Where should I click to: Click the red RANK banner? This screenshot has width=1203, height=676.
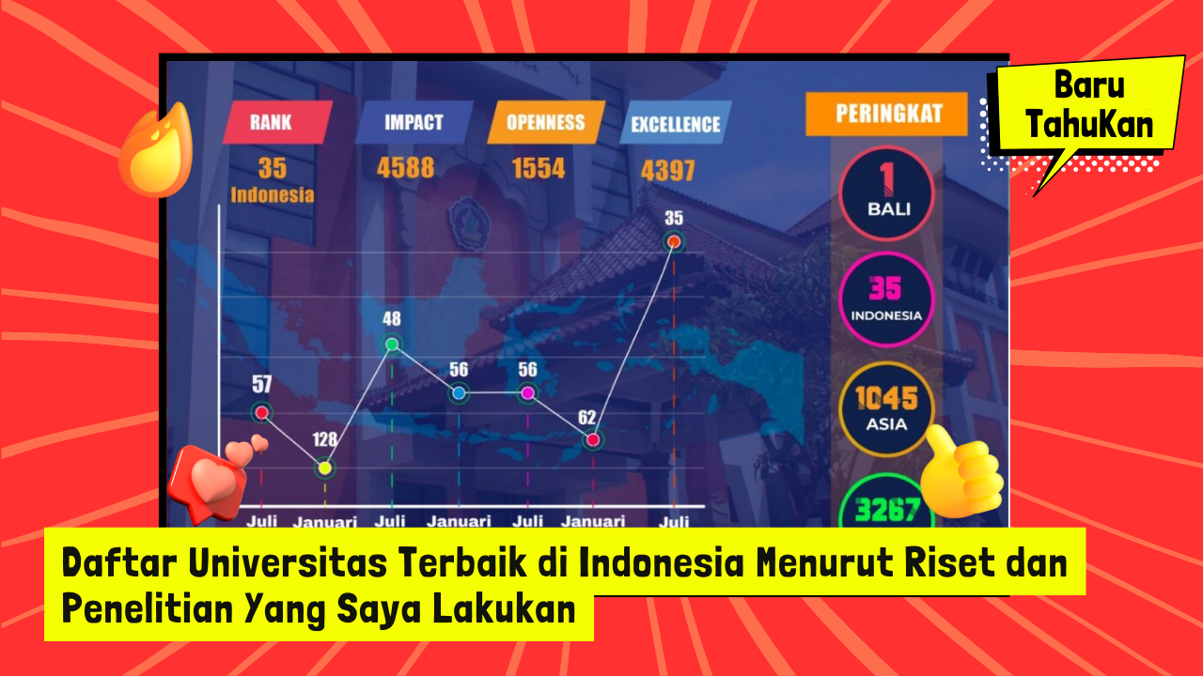(277, 122)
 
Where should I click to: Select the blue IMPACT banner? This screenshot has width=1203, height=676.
(414, 122)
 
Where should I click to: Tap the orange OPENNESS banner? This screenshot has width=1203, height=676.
(546, 122)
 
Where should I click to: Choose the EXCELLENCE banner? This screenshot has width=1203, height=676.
(676, 123)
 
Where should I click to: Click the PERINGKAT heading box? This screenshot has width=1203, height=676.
(886, 114)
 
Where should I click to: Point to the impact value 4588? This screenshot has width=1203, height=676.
(405, 168)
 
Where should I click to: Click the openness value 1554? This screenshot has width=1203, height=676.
(539, 168)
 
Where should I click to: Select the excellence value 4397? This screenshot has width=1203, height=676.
(667, 171)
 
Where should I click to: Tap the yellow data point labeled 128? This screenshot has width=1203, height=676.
(324, 468)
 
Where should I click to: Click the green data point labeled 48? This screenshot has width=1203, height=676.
(392, 344)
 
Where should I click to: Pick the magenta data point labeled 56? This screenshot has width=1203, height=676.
(527, 393)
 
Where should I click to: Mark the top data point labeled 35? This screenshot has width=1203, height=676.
(674, 242)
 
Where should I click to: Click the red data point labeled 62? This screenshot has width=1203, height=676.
(593, 440)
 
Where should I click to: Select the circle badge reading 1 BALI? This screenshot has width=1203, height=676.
(886, 192)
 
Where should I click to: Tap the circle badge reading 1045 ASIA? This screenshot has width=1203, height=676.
(886, 408)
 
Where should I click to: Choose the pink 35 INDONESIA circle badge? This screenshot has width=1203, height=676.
(886, 299)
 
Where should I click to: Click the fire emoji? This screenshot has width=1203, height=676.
(157, 150)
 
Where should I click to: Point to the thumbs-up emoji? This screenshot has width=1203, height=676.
(961, 472)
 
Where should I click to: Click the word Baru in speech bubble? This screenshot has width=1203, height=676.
(1089, 84)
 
